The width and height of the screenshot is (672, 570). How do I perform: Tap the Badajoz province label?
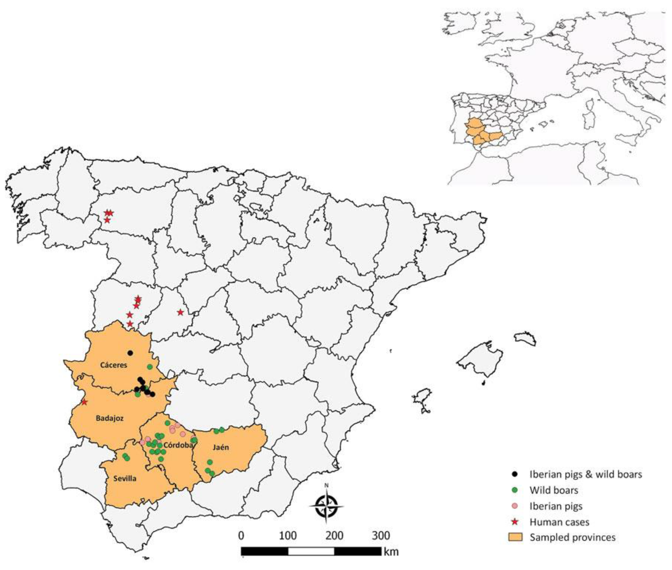(x=110, y=418)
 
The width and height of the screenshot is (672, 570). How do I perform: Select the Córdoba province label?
(x=178, y=445)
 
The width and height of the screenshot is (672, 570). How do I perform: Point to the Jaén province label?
(x=221, y=447)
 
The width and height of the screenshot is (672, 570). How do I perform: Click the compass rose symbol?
(x=327, y=506)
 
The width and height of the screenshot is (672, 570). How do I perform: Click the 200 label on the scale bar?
(x=334, y=535)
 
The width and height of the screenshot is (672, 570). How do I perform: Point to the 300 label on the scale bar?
(x=381, y=535)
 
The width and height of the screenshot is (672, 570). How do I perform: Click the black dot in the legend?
(x=515, y=474)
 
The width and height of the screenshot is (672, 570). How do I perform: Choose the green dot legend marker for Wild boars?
(x=515, y=490)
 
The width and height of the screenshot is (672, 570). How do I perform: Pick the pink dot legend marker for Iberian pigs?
(x=515, y=506)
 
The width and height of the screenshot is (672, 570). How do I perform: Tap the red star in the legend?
(x=515, y=522)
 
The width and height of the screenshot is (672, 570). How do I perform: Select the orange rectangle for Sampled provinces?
(x=515, y=537)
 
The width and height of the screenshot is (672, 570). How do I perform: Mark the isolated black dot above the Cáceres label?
(x=130, y=353)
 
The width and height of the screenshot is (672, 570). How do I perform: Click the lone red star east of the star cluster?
(x=180, y=312)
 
